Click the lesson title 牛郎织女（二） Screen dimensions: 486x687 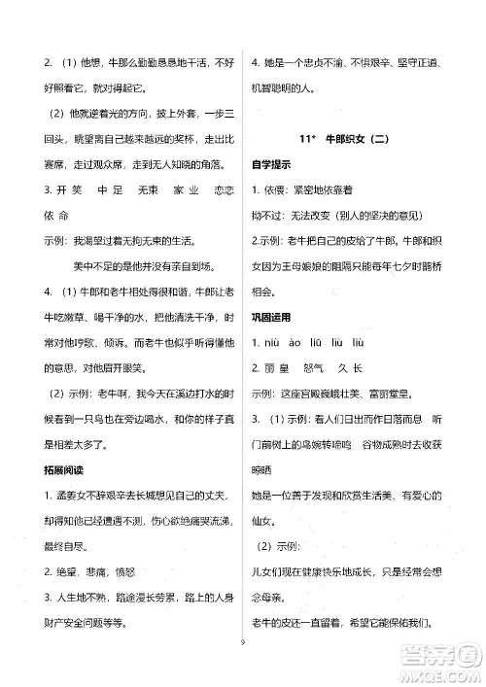tap(368, 138)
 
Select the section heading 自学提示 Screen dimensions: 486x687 tap(273, 163)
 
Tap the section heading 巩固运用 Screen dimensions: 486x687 tap(273, 317)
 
